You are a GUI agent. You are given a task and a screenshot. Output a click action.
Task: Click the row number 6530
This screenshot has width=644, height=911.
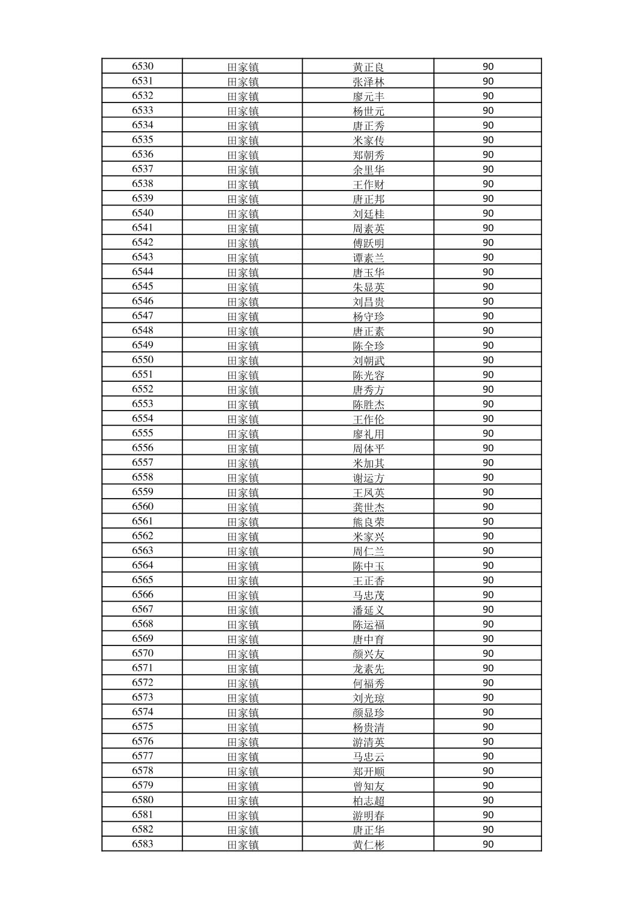pyautogui.click(x=143, y=67)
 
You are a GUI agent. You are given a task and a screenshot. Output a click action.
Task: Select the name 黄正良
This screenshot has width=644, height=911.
pyautogui.click(x=368, y=67)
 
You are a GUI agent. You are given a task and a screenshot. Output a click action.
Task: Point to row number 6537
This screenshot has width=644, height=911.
pyautogui.click(x=143, y=169)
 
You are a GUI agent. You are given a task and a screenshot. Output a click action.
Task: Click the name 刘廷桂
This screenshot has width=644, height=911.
pyautogui.click(x=368, y=214)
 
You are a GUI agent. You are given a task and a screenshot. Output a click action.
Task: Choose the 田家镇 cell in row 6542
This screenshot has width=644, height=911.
pyautogui.click(x=243, y=243)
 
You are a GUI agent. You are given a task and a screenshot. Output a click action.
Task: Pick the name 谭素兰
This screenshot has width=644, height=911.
pyautogui.click(x=368, y=258)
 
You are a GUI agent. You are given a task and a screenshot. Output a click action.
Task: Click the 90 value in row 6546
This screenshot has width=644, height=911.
pyautogui.click(x=487, y=301)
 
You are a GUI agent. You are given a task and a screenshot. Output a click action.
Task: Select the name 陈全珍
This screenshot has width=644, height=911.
pyautogui.click(x=368, y=346)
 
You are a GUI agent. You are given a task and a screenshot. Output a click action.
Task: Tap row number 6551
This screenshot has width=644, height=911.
pyautogui.click(x=143, y=375)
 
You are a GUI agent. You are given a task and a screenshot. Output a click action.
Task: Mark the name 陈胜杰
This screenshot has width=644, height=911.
pyautogui.click(x=368, y=405)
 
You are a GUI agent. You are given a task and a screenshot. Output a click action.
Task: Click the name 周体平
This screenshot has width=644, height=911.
pyautogui.click(x=368, y=448)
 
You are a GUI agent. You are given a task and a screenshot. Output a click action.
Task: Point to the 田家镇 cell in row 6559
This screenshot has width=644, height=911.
pyautogui.click(x=243, y=493)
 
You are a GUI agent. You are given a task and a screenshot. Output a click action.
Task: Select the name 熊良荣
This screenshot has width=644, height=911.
pyautogui.click(x=368, y=522)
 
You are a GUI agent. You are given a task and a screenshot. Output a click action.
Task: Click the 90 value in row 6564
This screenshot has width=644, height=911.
pyautogui.click(x=487, y=566)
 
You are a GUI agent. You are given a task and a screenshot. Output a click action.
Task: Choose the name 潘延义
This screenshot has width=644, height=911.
pyautogui.click(x=368, y=610)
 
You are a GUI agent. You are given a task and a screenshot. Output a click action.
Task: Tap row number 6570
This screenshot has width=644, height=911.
pyautogui.click(x=143, y=653)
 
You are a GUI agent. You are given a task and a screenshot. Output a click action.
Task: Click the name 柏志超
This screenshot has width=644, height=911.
pyautogui.click(x=368, y=801)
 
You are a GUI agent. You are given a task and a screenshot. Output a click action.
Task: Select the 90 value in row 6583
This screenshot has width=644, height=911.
pyautogui.click(x=487, y=844)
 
